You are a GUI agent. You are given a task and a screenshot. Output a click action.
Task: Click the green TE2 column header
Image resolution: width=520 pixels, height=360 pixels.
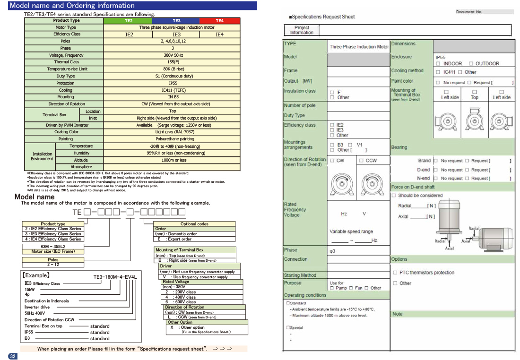(129, 21)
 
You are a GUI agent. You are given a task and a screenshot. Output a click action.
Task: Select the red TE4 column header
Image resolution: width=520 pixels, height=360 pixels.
(220, 21)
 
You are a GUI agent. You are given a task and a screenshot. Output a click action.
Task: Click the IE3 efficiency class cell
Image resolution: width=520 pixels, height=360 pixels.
(176, 34)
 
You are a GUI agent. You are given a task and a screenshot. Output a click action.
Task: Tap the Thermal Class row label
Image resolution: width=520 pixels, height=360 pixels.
(67, 62)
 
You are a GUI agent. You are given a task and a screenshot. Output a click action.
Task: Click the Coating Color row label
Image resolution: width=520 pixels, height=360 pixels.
(66, 132)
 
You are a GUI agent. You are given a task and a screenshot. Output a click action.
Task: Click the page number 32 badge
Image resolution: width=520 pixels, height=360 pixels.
(13, 356)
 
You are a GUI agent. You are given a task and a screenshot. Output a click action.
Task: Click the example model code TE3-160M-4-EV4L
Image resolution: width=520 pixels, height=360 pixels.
(115, 278)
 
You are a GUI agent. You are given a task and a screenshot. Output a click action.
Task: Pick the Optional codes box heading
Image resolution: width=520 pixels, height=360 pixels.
(194, 224)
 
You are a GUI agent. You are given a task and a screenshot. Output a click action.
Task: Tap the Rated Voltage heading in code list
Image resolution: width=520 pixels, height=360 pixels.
(176, 282)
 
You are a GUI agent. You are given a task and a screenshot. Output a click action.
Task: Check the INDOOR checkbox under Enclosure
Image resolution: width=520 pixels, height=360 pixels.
(438, 63)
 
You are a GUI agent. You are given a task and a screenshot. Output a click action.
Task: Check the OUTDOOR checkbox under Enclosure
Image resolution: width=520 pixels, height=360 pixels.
(471, 63)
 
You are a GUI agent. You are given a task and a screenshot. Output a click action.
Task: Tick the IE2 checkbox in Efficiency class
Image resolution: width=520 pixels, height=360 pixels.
(332, 125)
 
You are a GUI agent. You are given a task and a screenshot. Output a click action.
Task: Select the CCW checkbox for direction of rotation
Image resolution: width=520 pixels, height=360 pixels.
(361, 161)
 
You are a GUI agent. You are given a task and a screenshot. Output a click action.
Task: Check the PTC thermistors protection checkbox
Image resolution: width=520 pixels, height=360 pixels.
(395, 273)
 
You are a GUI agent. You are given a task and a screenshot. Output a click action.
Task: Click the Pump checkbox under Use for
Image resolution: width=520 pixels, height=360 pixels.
(332, 288)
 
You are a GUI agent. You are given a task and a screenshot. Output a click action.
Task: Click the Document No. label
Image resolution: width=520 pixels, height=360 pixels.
(469, 12)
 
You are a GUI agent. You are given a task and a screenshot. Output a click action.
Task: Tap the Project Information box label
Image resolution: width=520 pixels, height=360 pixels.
(302, 30)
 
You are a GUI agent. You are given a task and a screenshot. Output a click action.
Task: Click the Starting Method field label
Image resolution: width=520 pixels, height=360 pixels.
(300, 275)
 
